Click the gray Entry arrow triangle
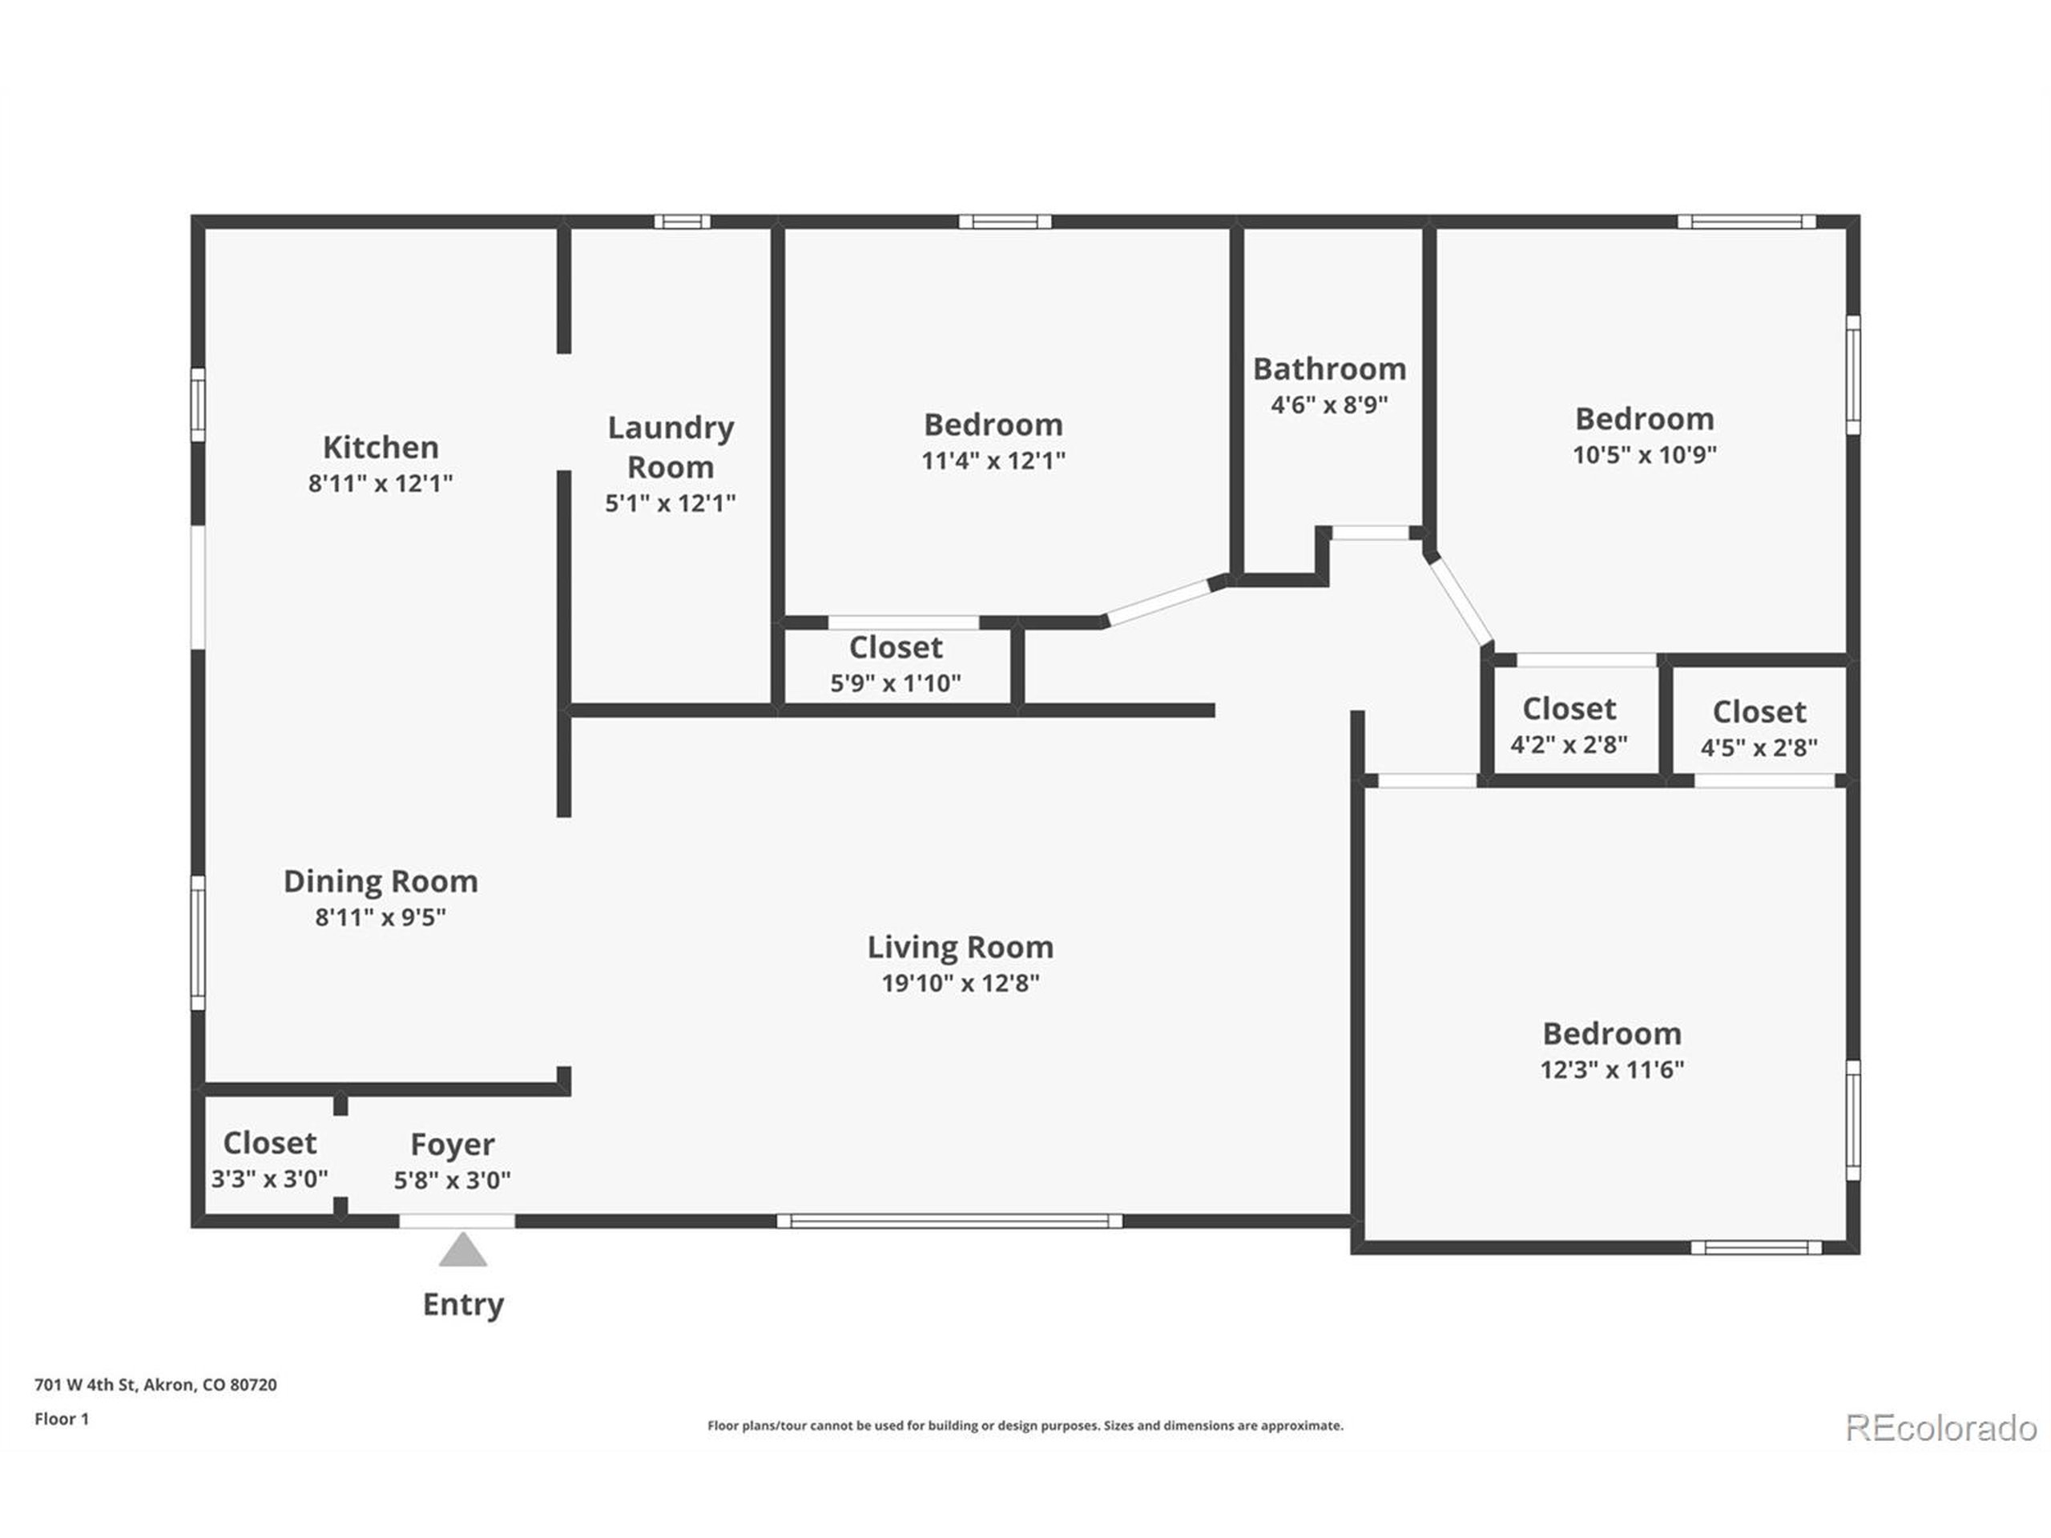click(463, 1250)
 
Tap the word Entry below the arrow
click(463, 1304)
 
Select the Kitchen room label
click(381, 447)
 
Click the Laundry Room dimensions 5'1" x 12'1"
click(670, 503)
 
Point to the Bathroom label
click(1328, 369)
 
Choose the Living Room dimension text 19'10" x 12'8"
click(960, 983)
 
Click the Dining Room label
click(381, 880)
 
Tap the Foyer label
click(453, 1144)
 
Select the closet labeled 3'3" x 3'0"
click(269, 1178)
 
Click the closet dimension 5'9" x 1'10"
click(895, 683)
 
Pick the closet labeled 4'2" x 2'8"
click(1569, 743)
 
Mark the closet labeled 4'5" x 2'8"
click(1758, 747)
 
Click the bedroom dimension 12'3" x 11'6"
click(1611, 1069)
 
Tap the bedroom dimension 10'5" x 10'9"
click(1644, 454)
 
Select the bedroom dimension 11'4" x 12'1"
click(992, 460)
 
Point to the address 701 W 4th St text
click(155, 1384)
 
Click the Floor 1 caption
click(61, 1419)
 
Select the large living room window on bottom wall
click(949, 1221)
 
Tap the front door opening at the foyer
click(457, 1221)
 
